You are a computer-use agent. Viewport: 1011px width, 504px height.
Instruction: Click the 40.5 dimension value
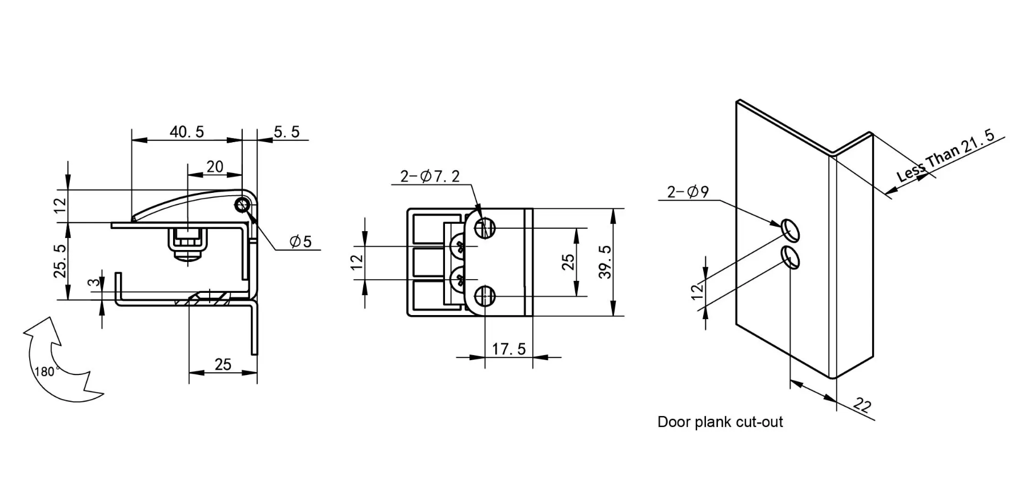[187, 132]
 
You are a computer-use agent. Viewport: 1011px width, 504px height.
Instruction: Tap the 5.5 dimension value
[286, 132]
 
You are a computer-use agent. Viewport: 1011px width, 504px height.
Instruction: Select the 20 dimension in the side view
[215, 167]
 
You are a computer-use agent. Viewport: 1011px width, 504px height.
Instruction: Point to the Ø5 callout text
[300, 241]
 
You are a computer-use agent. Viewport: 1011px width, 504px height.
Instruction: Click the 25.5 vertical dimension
[60, 261]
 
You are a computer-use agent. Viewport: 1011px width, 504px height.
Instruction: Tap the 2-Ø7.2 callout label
[430, 176]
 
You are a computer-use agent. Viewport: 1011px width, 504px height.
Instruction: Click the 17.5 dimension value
[508, 349]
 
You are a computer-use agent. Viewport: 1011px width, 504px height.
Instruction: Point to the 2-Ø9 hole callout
[688, 192]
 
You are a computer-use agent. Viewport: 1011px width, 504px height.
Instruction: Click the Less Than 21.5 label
[945, 155]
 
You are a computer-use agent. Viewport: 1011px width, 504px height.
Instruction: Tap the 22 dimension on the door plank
[862, 405]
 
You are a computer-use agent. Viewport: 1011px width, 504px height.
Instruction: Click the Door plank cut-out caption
[720, 422]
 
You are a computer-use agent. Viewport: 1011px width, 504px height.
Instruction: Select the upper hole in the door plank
[790, 229]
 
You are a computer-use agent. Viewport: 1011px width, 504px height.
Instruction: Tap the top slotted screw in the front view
[484, 228]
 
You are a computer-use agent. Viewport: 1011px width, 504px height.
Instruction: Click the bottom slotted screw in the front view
[484, 296]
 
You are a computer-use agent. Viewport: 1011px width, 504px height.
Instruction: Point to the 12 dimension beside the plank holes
[696, 291]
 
